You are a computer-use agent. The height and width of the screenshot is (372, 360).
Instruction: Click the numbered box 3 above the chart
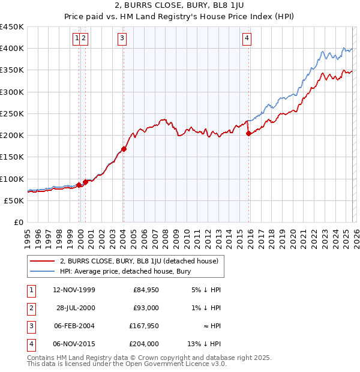click(122, 39)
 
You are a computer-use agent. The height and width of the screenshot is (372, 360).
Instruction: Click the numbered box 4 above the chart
click(247, 39)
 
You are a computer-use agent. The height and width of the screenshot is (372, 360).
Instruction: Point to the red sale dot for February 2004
click(124, 149)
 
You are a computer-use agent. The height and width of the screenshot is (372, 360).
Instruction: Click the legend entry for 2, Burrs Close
click(142, 261)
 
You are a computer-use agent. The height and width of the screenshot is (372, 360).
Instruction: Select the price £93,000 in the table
click(146, 308)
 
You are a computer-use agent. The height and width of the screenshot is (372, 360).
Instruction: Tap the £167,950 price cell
click(144, 326)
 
